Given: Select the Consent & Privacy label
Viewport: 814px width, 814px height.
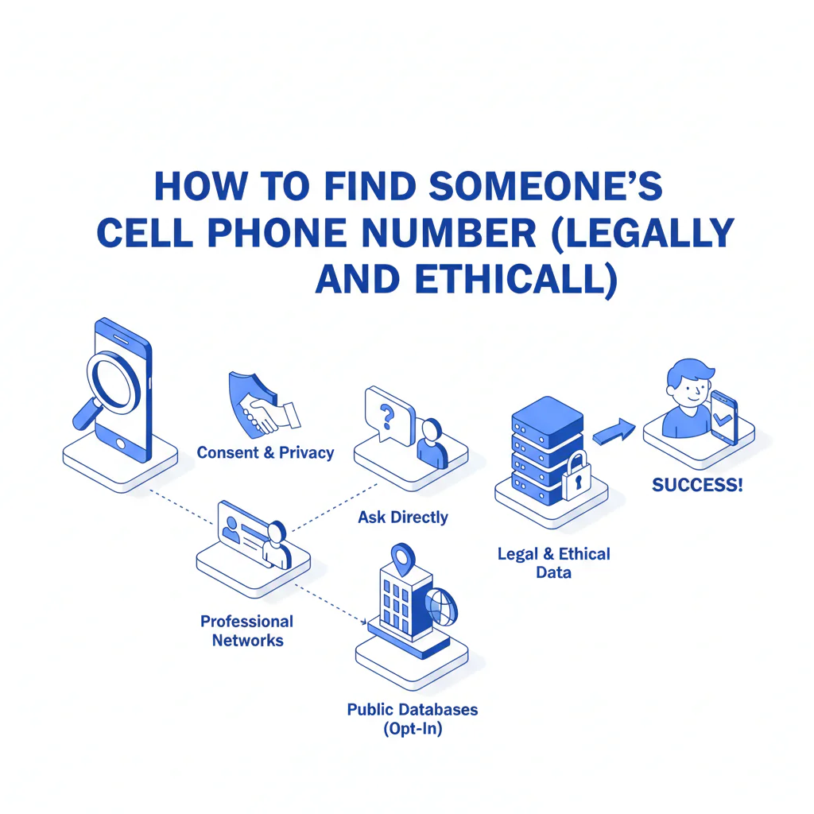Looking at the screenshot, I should (266, 453).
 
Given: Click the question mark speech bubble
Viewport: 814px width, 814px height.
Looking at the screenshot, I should (388, 414).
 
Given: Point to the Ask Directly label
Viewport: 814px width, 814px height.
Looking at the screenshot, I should (403, 517).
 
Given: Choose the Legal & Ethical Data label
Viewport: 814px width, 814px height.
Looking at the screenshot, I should (554, 563).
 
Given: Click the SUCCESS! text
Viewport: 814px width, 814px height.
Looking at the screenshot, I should (697, 485).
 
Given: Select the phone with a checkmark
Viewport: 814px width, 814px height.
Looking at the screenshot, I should (724, 418).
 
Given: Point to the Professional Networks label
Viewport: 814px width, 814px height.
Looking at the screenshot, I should (247, 630).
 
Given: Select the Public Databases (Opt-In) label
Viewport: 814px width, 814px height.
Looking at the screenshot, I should (413, 718).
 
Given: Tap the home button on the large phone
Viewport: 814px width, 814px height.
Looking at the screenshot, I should (121, 442).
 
